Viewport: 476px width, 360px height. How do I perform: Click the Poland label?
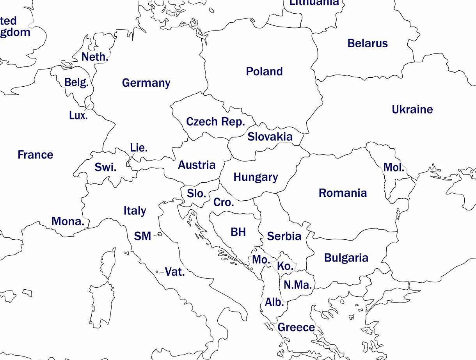pos(264,71)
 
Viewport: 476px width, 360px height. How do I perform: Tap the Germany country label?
pos(146,83)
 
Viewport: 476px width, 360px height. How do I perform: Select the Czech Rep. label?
pos(215,121)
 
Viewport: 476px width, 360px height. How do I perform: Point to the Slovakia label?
pos(270,136)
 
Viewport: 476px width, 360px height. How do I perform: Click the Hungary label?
pos(256,177)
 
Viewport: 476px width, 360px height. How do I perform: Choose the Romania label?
pos(343,193)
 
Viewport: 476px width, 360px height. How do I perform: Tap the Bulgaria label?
pos(346,258)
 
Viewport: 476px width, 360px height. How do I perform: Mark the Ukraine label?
pos(412,109)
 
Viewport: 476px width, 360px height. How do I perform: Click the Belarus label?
pos(368,43)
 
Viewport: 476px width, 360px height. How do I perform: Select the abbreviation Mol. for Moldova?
pos(394,168)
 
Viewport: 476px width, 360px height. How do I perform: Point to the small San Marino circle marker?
pos(160,234)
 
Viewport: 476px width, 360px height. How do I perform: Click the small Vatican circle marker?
pos(157,272)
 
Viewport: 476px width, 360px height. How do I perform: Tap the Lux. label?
pos(78,116)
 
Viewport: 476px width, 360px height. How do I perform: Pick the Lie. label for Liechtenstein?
pos(139,148)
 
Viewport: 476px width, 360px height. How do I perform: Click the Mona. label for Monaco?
pos(68,221)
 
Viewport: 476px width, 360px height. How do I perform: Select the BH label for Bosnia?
pos(238,232)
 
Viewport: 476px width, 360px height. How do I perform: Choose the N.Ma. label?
pos(298,285)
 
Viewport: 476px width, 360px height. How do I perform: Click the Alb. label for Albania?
pos(274,302)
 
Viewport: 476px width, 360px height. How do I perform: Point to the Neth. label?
pos(94,57)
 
